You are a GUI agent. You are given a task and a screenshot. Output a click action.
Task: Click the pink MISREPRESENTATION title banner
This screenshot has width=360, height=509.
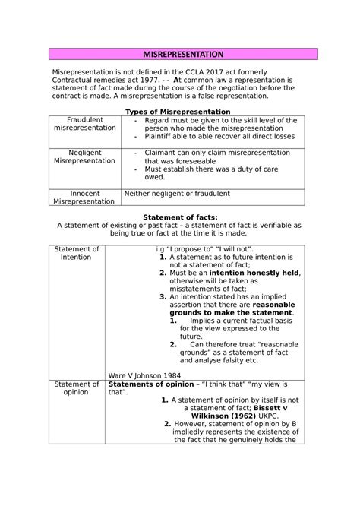[179, 55]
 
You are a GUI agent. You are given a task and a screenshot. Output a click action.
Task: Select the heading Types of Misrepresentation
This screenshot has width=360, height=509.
[179, 112]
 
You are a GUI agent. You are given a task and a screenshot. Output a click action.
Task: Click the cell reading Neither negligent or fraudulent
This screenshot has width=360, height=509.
[178, 193]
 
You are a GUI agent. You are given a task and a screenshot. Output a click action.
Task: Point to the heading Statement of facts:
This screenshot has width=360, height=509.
[180, 217]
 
